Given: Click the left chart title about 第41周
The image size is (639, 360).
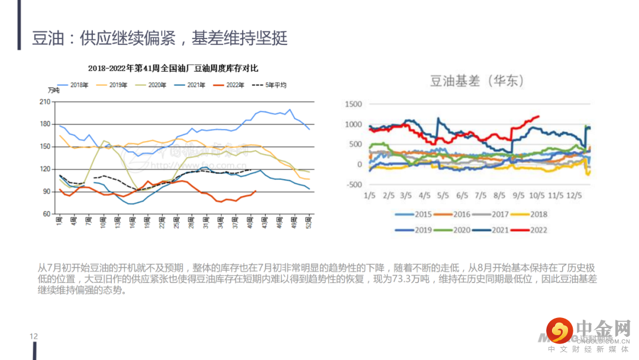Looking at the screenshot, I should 173,69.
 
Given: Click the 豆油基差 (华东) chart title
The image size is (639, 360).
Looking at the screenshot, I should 477,81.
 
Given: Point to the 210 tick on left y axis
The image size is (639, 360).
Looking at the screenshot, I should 43,102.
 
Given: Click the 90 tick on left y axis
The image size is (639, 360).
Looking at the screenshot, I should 45,192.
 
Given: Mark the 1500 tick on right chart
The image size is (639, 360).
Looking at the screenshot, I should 353,104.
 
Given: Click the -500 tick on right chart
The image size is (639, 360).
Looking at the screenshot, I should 353,184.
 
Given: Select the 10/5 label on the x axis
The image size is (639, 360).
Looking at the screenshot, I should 537,195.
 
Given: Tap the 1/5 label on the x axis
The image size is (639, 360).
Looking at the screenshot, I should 370,195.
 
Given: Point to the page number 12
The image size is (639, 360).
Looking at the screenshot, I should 34,336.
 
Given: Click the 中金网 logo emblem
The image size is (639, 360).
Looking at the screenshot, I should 559,330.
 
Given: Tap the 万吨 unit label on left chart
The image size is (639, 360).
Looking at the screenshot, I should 53,90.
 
